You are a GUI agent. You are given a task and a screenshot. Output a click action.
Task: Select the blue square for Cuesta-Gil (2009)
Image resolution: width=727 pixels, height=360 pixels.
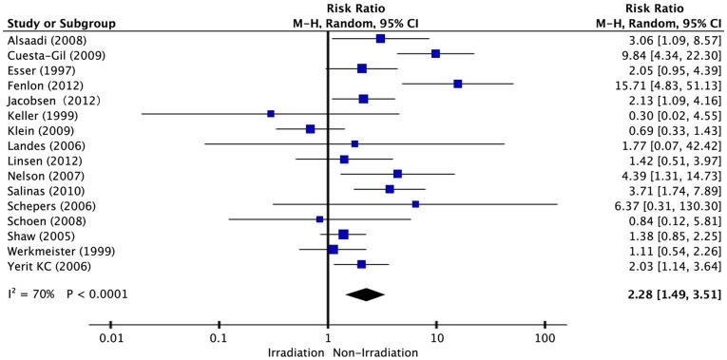pyautogui.click(x=435, y=54)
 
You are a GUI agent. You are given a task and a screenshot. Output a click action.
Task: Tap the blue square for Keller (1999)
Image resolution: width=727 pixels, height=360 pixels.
pyautogui.click(x=271, y=113)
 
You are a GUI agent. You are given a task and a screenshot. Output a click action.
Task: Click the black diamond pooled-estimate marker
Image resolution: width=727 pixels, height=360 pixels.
pyautogui.click(x=365, y=294)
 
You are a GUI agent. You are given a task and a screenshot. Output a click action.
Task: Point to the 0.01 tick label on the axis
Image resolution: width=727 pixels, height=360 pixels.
pyautogui.click(x=111, y=338)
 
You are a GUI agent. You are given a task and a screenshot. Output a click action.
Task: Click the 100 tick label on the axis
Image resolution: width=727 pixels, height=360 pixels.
pyautogui.click(x=545, y=338)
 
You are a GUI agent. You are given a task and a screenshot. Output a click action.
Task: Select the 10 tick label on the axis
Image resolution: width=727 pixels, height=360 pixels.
pyautogui.click(x=436, y=338)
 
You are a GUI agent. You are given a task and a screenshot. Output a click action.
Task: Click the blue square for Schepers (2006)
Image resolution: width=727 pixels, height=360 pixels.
pyautogui.click(x=415, y=204)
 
